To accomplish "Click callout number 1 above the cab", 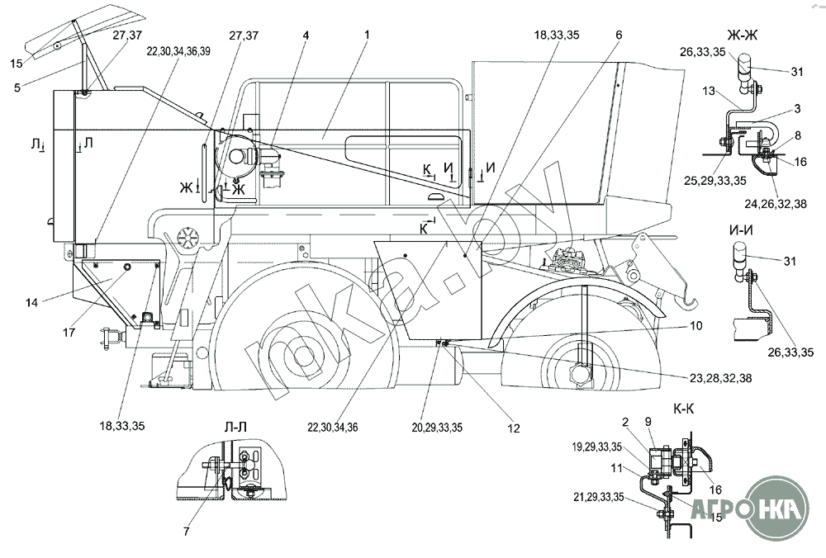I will pos(366,35).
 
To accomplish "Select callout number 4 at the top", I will pos(306,35).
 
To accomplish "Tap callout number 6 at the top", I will pos(618,35).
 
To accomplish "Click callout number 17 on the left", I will pos(69,333).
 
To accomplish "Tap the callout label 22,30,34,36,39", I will pos(178,50).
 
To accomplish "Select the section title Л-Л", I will pos(235,428).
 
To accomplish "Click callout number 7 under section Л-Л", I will pos(187,532).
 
